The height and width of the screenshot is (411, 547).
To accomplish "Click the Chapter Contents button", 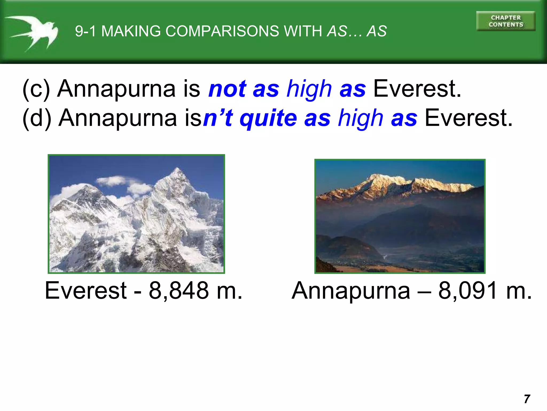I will tap(506, 21).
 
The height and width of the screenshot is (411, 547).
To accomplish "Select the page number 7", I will tap(527, 399).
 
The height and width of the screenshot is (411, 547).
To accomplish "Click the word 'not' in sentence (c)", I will tap(227, 89).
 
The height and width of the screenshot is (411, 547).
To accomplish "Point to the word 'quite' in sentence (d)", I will tap(268, 118).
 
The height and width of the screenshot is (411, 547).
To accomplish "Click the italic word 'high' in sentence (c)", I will tap(309, 89).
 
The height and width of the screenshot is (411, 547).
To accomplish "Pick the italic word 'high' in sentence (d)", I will tap(361, 118).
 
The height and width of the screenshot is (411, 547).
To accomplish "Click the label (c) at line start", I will tap(36, 89).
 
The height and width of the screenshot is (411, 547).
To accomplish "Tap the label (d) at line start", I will tap(37, 118).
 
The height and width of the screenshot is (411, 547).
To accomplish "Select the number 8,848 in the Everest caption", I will tap(179, 291).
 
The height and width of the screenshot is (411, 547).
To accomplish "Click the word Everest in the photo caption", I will tap(85, 291).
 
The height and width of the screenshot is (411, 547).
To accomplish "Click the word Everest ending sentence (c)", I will tap(417, 89).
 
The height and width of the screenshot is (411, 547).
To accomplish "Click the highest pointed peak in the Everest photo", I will tap(177, 169).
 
